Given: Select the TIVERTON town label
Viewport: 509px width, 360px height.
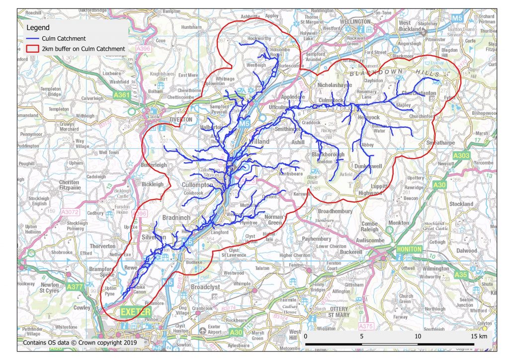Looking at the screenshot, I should click(x=180, y=120).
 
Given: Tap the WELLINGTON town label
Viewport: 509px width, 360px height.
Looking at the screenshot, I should click(x=355, y=22).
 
